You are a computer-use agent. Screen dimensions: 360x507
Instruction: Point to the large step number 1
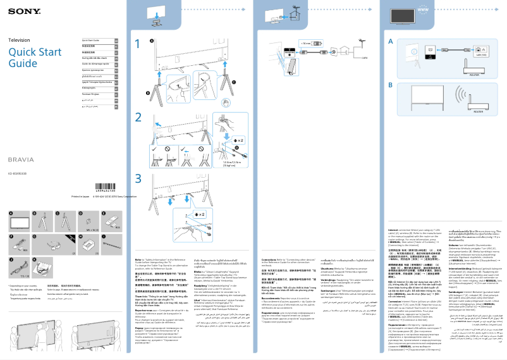coord(138,44)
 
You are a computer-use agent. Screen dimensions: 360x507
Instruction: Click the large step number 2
coord(138,118)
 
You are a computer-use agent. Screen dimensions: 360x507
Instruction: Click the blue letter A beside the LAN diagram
coord(391,42)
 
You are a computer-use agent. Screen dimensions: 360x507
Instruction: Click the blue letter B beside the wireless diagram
coord(391,85)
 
